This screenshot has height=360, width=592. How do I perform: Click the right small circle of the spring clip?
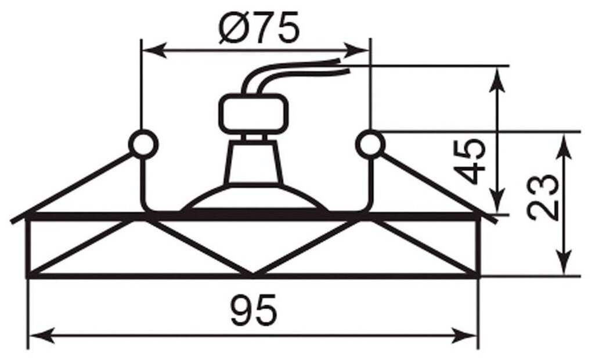tap(370, 143)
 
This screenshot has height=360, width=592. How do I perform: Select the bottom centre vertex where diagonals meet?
tap(253, 274)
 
